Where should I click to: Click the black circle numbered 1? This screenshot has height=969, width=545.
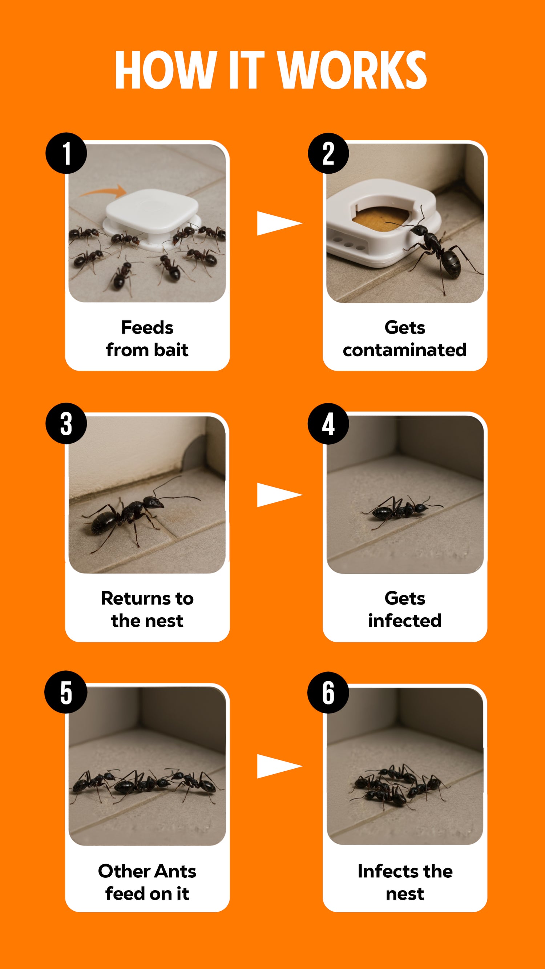click(x=66, y=153)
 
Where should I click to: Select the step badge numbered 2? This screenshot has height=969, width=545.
click(x=328, y=153)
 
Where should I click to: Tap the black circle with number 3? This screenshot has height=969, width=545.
click(x=66, y=424)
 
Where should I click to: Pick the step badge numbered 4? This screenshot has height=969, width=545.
click(x=328, y=424)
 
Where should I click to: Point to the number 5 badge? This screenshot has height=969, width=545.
click(x=66, y=692)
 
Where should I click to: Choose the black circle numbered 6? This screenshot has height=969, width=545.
click(x=328, y=693)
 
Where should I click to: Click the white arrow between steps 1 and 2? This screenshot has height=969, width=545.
click(x=279, y=223)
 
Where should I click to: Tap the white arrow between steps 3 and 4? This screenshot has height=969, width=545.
click(x=279, y=494)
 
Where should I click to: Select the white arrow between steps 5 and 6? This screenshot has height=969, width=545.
click(x=279, y=766)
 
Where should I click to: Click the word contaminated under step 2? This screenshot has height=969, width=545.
click(x=405, y=350)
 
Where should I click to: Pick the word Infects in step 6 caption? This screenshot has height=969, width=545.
click(x=388, y=871)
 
